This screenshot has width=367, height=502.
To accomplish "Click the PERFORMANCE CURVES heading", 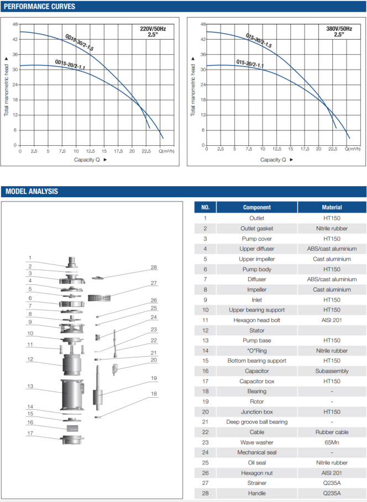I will pyautogui.click(x=38, y=7).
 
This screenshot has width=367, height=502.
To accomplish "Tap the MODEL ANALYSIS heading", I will pyautogui.click(x=32, y=192).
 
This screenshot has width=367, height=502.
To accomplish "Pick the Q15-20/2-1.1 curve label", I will pyautogui.click(x=250, y=64).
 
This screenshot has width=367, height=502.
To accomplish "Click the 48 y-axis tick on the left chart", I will pyautogui.click(x=15, y=24).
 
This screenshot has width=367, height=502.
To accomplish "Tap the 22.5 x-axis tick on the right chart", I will pyautogui.click(x=333, y=150).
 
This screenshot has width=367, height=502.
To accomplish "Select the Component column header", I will pyautogui.click(x=257, y=208).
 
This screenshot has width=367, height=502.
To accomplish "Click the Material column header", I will pyautogui.click(x=332, y=208).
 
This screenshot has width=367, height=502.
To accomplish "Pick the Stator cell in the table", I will pyautogui.click(x=257, y=330).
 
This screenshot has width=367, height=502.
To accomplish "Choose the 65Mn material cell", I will pyautogui.click(x=332, y=442).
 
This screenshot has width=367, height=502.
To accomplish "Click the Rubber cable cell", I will pyautogui.click(x=332, y=432).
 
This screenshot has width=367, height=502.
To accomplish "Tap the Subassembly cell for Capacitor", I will pyautogui.click(x=332, y=371).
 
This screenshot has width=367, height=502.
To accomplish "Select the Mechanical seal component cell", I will pyautogui.click(x=257, y=452).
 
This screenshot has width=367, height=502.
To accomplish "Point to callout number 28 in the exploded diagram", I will pyautogui.click(x=154, y=267).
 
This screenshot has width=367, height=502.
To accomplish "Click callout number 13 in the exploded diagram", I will pyautogui.click(x=30, y=386).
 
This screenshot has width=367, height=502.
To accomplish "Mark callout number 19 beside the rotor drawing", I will pyautogui.click(x=154, y=378).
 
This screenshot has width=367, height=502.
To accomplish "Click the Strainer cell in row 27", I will pyautogui.click(x=257, y=483).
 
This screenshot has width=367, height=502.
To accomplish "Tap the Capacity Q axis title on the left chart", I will pyautogui.click(x=88, y=160).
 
